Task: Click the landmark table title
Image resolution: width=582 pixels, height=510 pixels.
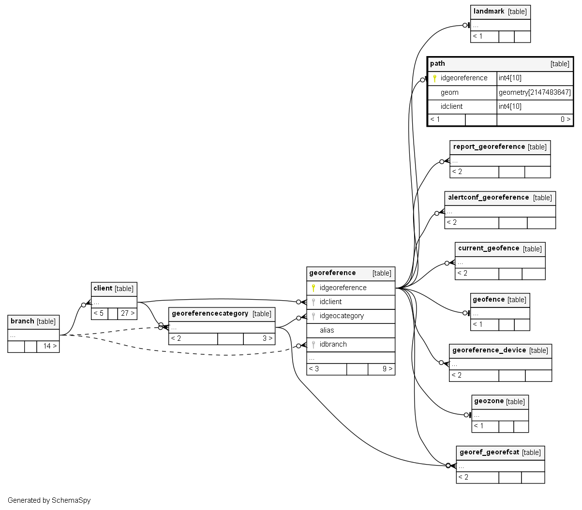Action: (489, 12)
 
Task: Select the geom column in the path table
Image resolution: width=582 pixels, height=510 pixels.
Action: (449, 92)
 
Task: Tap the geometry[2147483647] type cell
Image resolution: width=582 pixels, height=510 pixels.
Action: (535, 92)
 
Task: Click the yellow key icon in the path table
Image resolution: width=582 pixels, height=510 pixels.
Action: (434, 78)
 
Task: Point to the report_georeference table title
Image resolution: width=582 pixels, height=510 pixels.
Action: (489, 147)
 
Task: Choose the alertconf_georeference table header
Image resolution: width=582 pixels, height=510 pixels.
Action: (489, 198)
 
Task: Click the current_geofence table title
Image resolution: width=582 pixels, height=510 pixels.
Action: (489, 248)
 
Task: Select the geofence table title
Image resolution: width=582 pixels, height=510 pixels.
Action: (489, 300)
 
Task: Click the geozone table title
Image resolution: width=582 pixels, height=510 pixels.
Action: (489, 401)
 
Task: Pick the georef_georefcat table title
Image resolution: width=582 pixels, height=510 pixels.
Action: (489, 452)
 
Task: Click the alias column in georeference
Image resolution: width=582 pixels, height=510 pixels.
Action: (327, 330)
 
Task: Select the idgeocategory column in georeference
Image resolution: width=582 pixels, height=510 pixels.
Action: (342, 316)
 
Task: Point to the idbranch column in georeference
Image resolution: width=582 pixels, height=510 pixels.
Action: (333, 344)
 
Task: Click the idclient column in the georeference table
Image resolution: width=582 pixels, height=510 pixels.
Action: (330, 302)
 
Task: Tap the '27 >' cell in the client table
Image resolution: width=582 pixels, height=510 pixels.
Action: (127, 313)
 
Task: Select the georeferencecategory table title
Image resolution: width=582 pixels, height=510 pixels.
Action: (210, 314)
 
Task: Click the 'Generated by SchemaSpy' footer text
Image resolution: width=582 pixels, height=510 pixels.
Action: (49, 500)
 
